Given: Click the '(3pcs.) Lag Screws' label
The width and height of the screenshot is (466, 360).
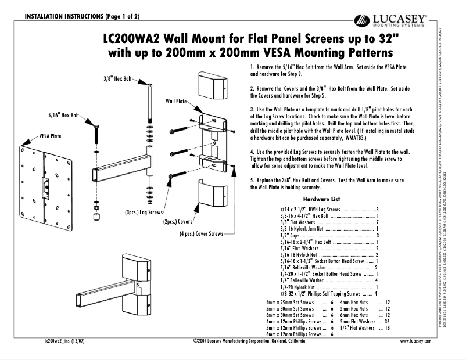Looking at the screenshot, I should pyautogui.click(x=144, y=213).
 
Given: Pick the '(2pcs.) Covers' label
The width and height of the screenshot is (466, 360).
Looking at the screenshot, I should pyautogui.click(x=178, y=221).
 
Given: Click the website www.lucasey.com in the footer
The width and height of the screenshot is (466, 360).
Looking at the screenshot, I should pyautogui.click(x=415, y=341).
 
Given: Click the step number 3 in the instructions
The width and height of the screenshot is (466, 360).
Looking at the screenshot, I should pyautogui.click(x=252, y=109).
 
